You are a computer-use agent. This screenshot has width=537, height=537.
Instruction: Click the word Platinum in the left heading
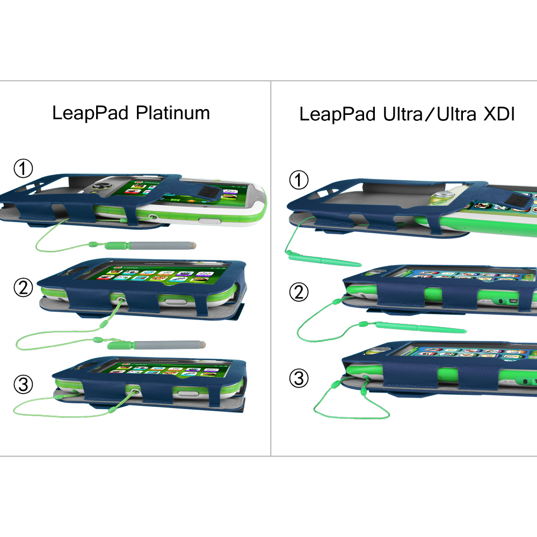point(172,113)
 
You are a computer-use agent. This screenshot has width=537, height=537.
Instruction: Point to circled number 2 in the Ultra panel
point(299,293)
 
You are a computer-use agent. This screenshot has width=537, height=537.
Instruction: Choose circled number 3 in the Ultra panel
point(299,379)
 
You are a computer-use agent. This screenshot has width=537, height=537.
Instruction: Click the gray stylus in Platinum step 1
point(161,246)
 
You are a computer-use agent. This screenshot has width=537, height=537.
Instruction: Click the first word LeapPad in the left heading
point(91,113)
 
